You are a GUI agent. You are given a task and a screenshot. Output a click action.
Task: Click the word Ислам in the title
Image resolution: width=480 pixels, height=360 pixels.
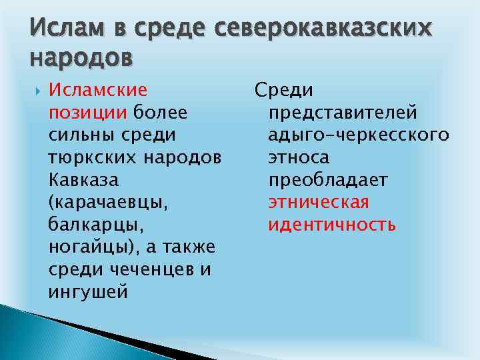pos(65,28)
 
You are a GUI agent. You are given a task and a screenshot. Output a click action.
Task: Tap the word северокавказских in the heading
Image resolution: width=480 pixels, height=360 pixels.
pos(316,28)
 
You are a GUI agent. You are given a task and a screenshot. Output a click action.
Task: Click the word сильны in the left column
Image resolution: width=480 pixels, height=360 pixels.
pos(81,135)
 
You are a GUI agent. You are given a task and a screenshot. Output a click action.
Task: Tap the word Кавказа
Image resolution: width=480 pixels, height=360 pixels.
pos(81,180)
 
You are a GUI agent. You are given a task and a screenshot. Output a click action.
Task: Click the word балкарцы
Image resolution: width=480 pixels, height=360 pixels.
pos(87,225)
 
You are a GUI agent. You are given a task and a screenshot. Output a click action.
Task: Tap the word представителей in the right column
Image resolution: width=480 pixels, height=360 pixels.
pos(343,113)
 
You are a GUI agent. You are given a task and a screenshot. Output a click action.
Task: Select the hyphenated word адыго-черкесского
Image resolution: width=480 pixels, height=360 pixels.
pos(358,135)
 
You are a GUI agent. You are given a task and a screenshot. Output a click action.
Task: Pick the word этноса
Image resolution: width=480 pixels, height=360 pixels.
pos(299,158)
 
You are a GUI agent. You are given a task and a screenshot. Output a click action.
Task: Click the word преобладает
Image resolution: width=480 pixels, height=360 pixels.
pos(328,181)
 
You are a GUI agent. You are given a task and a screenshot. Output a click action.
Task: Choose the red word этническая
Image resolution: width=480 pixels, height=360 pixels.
pos(319,203)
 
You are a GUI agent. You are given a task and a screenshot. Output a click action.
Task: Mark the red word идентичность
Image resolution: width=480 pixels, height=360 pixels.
pos(332,225)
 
